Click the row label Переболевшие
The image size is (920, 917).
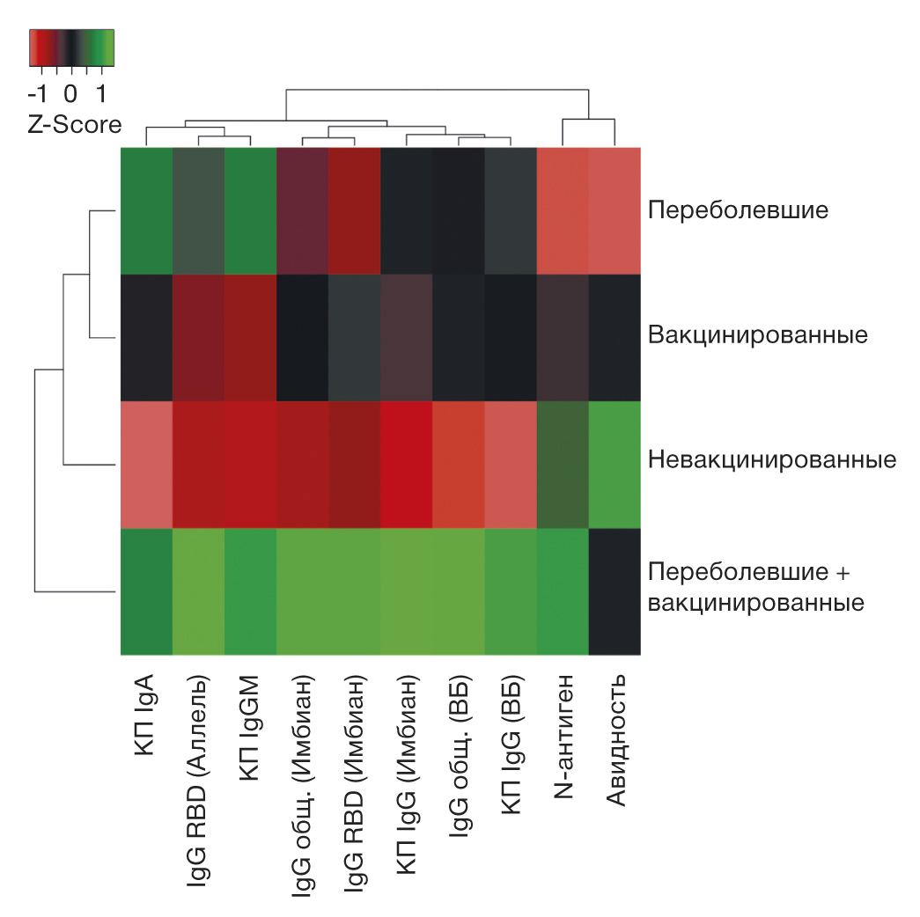(738, 211)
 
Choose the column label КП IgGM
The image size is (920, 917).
(250, 718)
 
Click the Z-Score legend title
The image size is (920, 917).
(75, 124)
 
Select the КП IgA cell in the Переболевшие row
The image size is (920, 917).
(146, 211)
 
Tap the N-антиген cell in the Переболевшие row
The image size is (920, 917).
(563, 211)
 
